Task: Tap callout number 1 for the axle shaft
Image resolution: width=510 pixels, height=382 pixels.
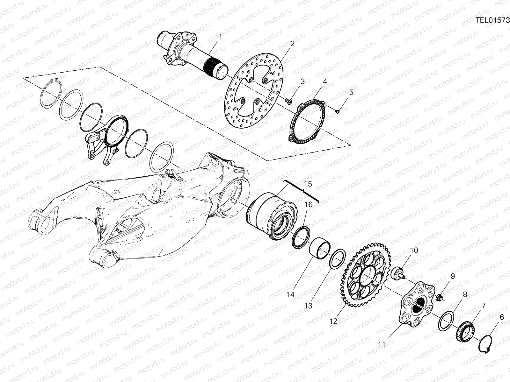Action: tap(220, 37)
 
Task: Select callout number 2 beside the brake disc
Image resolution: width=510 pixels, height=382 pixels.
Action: tap(292, 44)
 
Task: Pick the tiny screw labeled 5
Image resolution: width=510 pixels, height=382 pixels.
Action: tap(338, 111)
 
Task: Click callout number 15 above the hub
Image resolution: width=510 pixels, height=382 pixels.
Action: tap(308, 184)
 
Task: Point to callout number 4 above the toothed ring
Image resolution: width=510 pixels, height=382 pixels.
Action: tap(325, 81)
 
